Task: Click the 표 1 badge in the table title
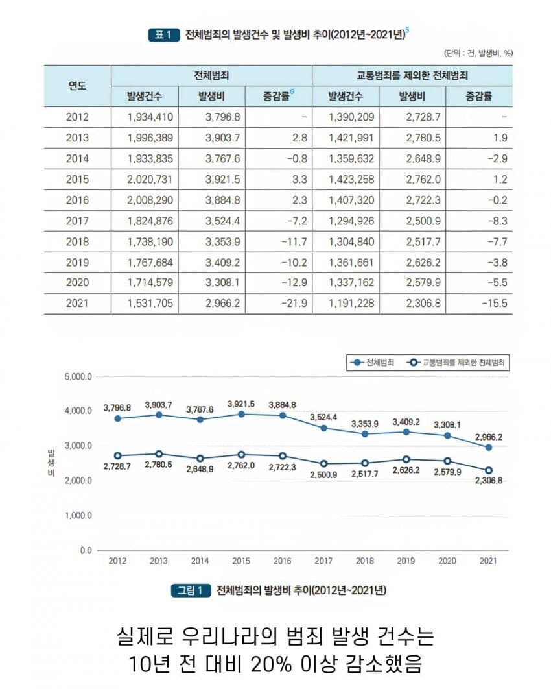pyautogui.click(x=163, y=35)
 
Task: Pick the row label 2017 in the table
pyautogui.click(x=77, y=221)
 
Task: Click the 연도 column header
pyautogui.click(x=78, y=86)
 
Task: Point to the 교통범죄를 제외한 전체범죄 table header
pyautogui.click(x=412, y=75)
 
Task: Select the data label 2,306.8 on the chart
pyautogui.click(x=488, y=481)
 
